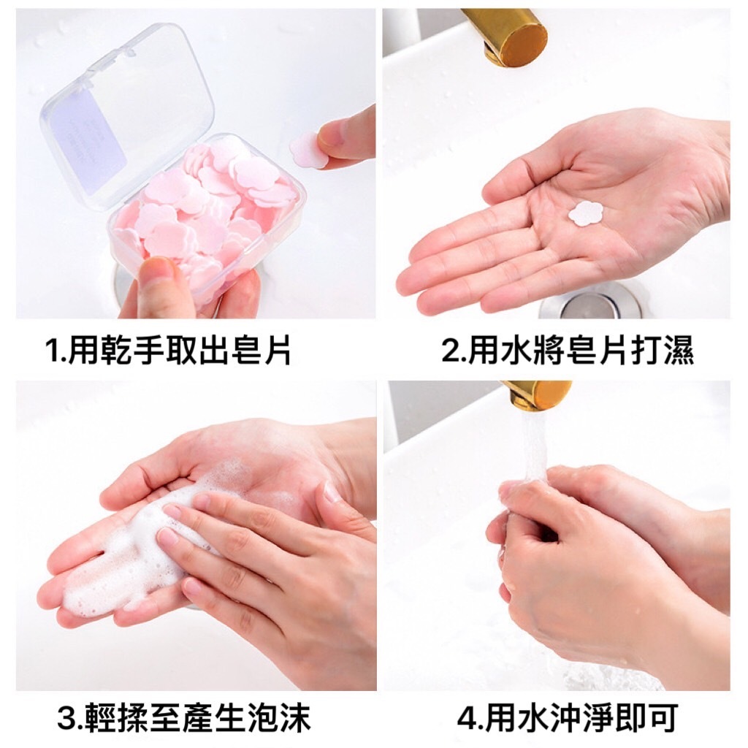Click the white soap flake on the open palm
[586, 213]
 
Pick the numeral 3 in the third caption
[66, 717]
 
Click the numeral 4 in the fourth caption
[466, 717]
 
